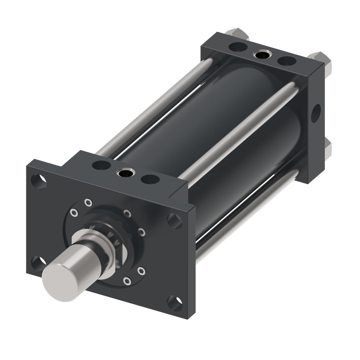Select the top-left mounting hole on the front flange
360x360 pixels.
[x=39, y=181]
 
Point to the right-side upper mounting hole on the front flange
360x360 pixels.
[x=175, y=221]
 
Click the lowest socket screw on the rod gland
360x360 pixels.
[x=127, y=281]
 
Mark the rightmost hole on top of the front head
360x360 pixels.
[x=149, y=180]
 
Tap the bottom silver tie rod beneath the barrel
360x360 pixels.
[x=240, y=210]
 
